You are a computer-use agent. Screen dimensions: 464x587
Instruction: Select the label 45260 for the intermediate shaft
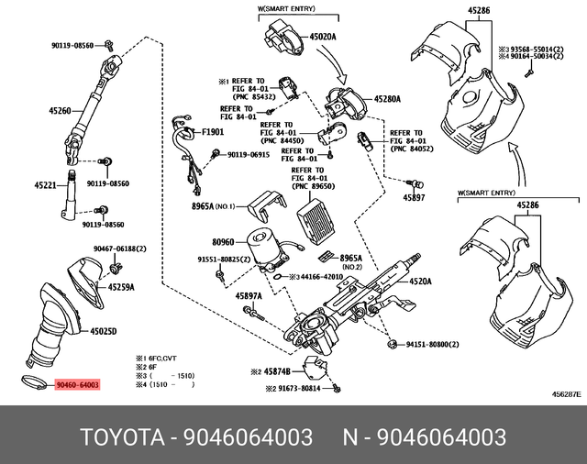tap(60, 111)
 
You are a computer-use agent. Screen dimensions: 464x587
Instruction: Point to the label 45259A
tap(121, 287)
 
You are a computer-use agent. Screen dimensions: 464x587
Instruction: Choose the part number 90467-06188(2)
tap(119, 249)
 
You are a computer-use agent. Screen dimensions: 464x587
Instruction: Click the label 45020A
tap(323, 36)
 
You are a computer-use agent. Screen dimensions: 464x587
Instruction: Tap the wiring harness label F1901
tap(212, 132)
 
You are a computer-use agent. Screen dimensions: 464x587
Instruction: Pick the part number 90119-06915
tap(249, 155)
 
